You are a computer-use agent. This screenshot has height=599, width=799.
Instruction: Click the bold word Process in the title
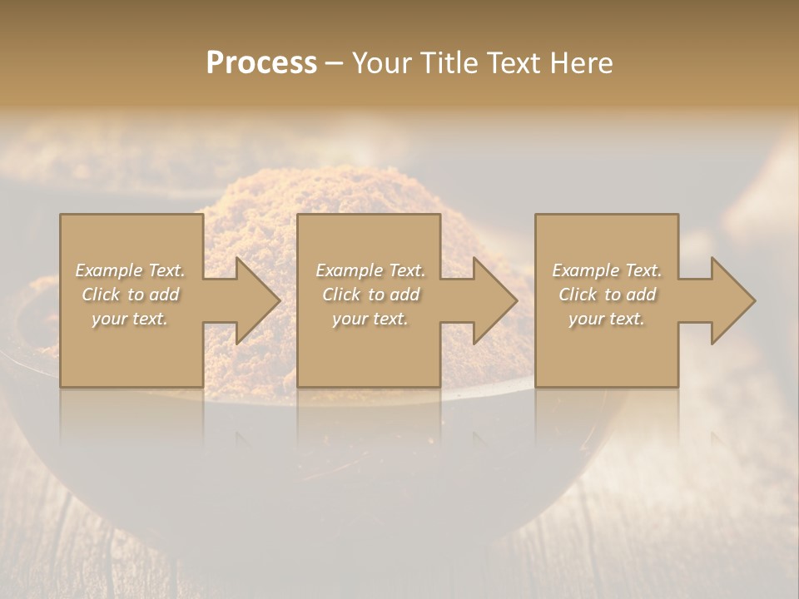(261, 62)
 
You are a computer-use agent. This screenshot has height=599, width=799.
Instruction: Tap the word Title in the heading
(449, 62)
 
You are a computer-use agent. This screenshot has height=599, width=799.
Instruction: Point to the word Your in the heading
(383, 62)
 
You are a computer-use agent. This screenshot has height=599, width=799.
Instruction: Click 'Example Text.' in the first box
(130, 270)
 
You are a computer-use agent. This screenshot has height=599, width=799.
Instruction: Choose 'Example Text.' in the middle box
(370, 270)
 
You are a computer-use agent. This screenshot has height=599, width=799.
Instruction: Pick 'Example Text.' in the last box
(607, 270)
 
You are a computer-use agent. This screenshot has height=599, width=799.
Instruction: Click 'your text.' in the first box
(130, 319)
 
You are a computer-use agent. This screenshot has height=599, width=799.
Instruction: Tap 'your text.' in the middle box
(370, 319)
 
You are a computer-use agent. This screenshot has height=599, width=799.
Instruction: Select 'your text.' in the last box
(607, 319)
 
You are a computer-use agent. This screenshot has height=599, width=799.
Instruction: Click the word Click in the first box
(101, 295)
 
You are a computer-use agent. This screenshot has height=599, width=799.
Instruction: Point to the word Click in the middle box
(341, 295)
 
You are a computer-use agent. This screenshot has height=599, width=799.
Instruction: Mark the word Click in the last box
(578, 295)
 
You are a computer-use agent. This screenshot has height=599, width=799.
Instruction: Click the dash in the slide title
(335, 63)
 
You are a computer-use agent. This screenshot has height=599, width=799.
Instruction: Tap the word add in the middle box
(404, 295)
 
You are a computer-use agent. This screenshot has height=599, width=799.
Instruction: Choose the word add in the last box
(640, 295)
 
